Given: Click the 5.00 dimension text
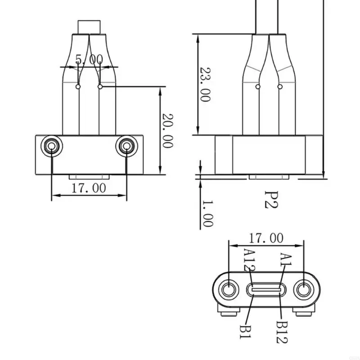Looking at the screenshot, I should click(x=89, y=59).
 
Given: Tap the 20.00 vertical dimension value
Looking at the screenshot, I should click(x=167, y=130).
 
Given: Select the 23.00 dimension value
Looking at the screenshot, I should click(x=205, y=85).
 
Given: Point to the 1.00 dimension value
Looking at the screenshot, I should click(x=207, y=213).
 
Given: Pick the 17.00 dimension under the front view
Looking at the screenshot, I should click(x=88, y=188).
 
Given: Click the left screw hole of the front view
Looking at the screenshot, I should click(x=51, y=145).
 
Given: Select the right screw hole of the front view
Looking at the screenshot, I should click(x=126, y=145).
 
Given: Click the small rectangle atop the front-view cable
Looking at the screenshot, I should click(x=89, y=26).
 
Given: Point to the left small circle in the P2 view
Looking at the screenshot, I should click(x=257, y=86).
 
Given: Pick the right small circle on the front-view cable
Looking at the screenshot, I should click(x=100, y=86).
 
